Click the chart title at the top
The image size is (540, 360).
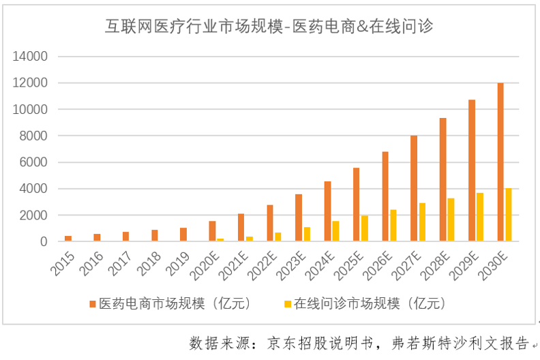269,27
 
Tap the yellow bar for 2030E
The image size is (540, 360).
509,215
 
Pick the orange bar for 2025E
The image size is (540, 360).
356,205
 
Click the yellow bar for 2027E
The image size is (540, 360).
422,222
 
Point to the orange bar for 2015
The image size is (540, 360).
68,239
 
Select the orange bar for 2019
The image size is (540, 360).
183,235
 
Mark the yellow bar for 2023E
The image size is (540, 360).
307,235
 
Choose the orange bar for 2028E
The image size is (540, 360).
442,180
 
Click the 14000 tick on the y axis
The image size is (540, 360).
31,57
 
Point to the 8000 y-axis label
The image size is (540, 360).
33,136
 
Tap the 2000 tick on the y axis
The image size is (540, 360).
33,215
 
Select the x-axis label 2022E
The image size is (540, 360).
261,263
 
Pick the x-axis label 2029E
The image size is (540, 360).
464,263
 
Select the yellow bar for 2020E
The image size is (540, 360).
220,240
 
